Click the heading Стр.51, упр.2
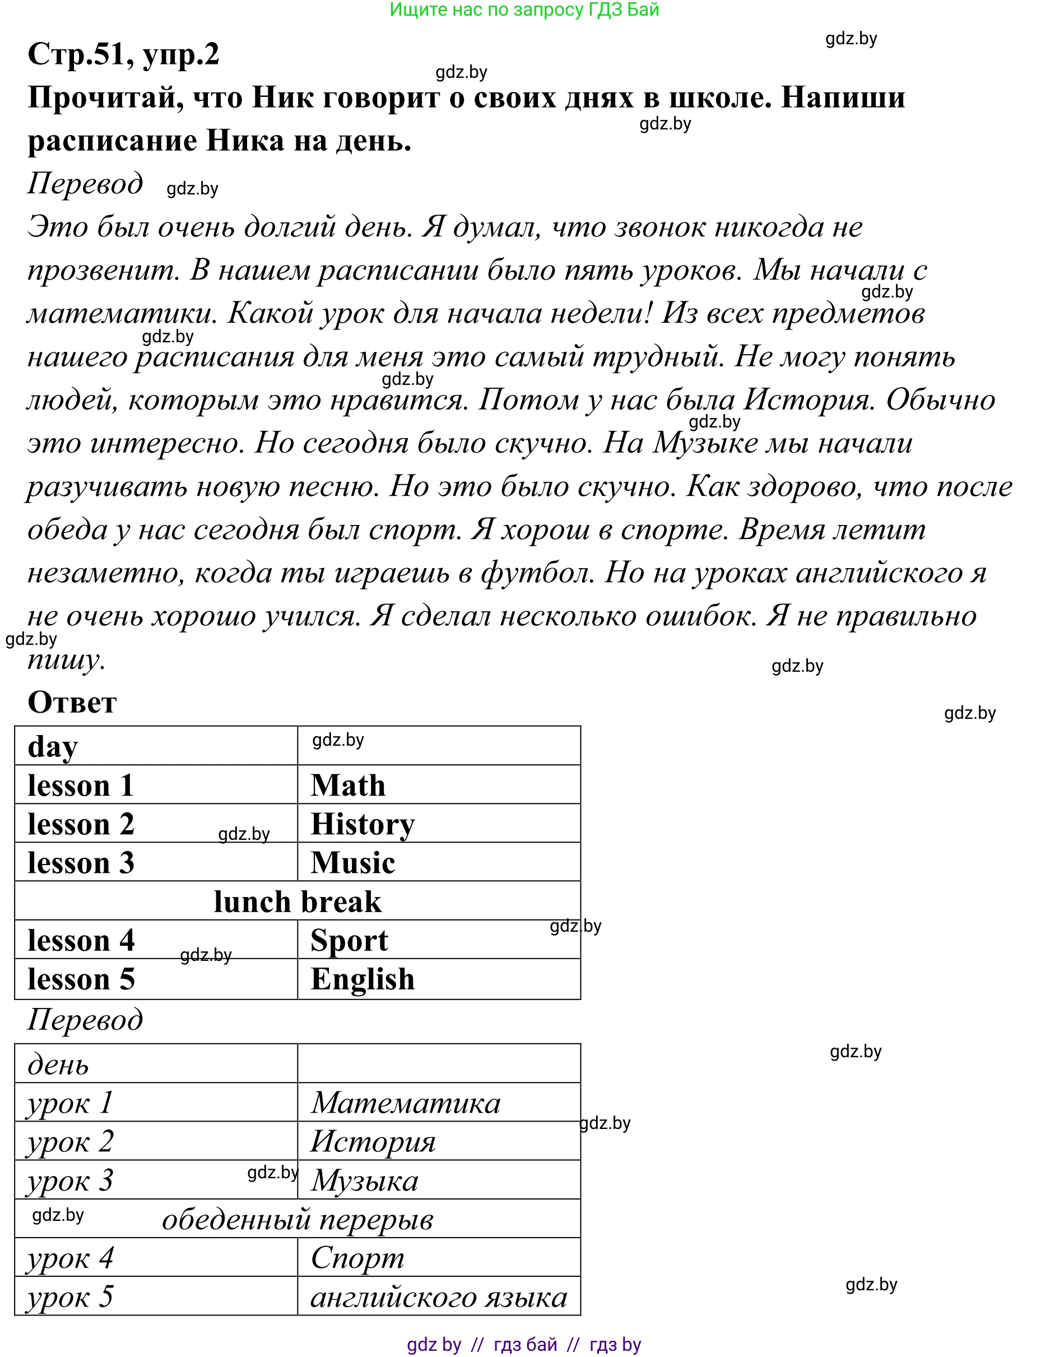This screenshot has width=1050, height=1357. (123, 55)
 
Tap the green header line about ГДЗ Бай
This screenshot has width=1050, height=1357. (524, 10)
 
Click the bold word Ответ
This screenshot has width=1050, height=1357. (72, 702)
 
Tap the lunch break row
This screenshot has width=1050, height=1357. (297, 901)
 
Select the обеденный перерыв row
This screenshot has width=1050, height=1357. (297, 1220)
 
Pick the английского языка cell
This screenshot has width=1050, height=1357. (439, 1298)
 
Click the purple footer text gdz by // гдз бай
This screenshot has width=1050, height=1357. (524, 1345)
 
